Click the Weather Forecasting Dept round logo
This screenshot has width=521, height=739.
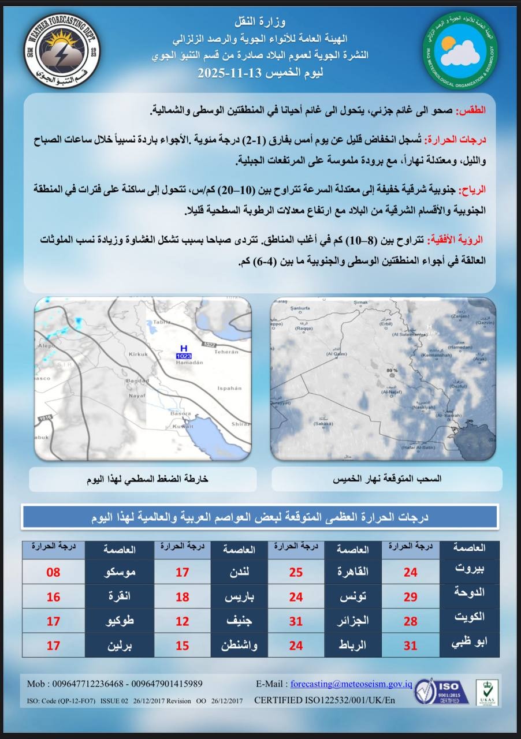point(62,50)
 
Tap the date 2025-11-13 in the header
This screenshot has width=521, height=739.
point(230,74)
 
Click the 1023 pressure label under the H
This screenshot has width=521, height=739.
point(184,356)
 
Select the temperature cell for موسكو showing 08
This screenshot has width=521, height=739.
point(53,573)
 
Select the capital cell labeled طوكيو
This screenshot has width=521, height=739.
point(120,621)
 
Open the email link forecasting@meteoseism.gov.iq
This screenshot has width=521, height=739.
point(351,684)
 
